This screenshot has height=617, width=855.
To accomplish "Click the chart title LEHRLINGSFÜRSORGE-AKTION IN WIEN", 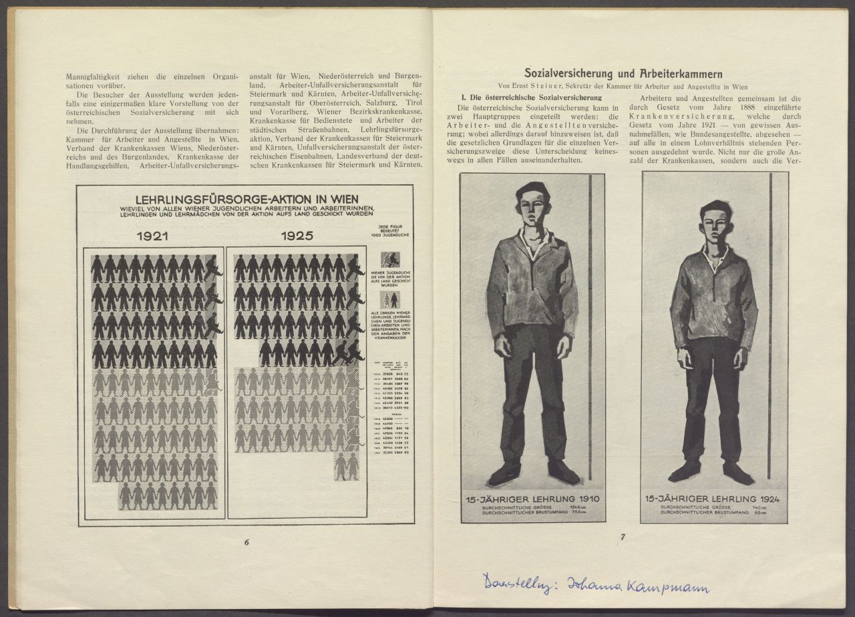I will (246, 199).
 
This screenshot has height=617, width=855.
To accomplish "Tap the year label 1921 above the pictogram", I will (153, 236).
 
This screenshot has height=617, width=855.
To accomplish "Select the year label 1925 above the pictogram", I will (297, 236).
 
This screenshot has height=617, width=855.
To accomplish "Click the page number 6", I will (246, 542).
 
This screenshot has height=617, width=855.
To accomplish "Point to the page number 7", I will (622, 536).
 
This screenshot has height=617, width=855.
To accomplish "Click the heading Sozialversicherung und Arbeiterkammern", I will (623, 73).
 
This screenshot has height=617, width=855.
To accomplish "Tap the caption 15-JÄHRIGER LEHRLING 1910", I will (532, 499).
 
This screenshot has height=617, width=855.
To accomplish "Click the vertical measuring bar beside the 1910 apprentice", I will (590, 327).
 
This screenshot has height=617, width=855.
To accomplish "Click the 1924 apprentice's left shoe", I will (738, 473).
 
